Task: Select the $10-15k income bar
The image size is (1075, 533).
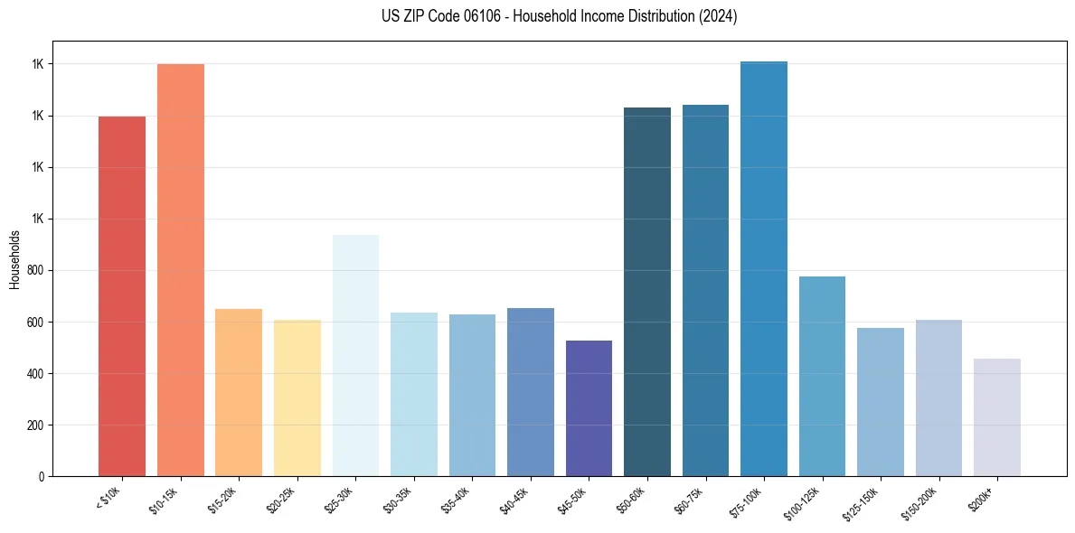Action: [180, 270]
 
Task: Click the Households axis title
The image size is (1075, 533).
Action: [14, 259]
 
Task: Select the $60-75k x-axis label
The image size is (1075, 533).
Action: [692, 500]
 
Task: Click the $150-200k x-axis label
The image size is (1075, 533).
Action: [924, 501]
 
